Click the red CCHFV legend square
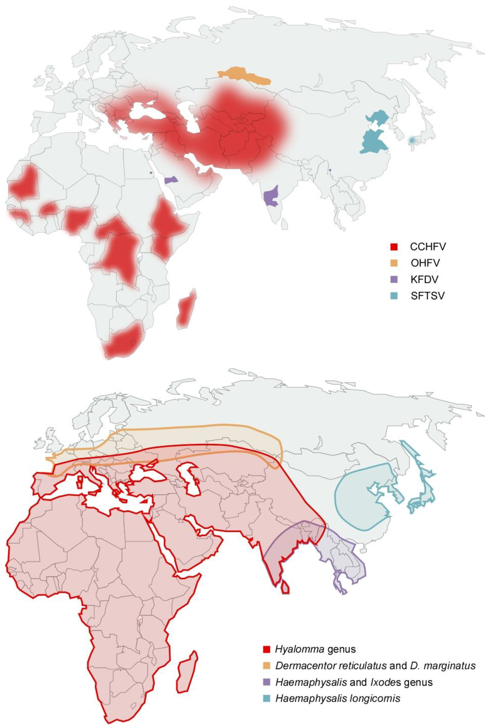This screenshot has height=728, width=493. coord(394,247)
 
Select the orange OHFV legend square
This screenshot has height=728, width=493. coord(394,263)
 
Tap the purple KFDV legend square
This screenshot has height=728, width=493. coord(394,280)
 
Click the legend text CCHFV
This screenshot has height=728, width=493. coord(428,247)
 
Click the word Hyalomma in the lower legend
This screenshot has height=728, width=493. coord(299,650)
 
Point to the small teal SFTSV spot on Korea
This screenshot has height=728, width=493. coord(412,141)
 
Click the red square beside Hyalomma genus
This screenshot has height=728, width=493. coord(266,650)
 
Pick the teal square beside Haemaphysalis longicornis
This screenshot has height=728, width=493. coord(266,699)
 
